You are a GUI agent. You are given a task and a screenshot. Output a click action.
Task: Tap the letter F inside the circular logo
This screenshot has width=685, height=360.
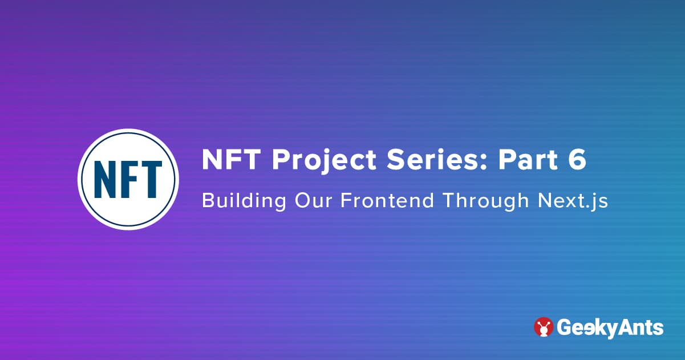[x=129, y=179]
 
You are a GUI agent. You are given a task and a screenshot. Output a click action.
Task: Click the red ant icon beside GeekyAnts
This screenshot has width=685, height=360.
[x=544, y=327]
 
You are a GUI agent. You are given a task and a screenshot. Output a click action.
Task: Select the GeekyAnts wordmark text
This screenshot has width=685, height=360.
[x=609, y=328]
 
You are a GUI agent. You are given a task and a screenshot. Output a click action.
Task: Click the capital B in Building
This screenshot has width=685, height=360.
[x=207, y=201]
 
